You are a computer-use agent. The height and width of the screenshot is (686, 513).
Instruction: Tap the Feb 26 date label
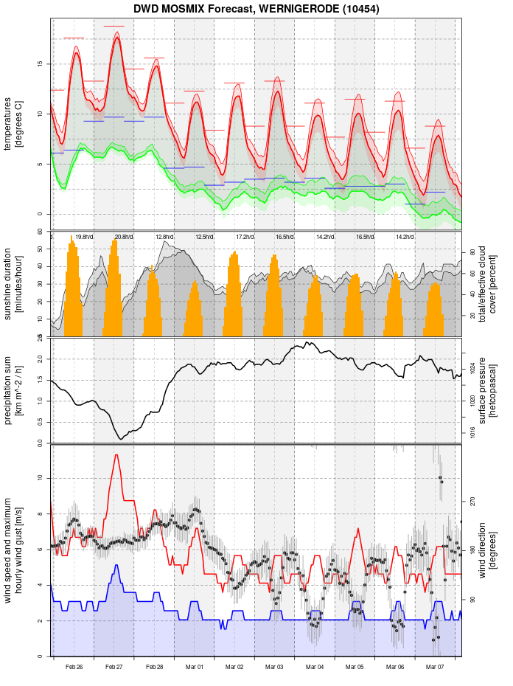74,667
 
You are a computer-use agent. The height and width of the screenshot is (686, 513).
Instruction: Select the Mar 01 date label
195,667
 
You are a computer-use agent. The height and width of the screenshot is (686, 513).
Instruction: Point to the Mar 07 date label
435,667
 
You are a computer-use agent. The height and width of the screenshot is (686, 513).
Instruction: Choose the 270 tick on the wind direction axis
471,501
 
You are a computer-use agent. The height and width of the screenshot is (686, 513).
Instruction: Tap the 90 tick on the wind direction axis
471,600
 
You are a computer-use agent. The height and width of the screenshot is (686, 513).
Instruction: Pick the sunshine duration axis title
14,284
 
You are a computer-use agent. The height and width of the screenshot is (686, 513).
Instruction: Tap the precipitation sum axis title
14,389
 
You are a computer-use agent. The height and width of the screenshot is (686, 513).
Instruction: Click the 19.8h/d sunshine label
84,237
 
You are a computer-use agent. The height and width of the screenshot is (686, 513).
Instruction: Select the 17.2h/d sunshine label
245,237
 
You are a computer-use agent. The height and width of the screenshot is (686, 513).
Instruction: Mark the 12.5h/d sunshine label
204,237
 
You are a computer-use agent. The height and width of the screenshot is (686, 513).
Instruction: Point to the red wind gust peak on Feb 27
116,455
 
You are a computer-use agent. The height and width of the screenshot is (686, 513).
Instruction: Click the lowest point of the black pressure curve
121,439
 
